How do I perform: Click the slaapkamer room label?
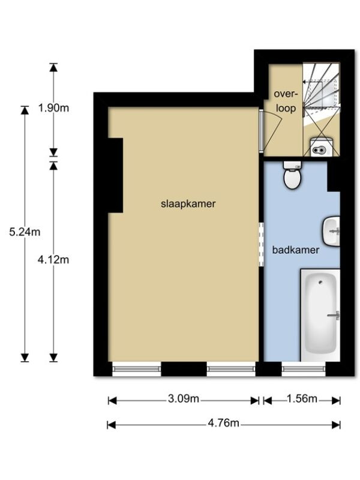188,203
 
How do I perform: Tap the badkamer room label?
295,250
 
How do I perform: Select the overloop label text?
286,101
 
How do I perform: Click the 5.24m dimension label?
25,232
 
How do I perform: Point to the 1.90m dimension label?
53,108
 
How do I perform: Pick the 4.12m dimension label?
53,260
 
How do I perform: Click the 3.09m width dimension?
184,399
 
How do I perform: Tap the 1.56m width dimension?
302,399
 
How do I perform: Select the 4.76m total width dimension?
223,423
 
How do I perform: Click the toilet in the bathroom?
292,175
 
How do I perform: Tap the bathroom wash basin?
331,231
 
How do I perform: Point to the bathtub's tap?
334,316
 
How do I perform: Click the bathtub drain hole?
320,282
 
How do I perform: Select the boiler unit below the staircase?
321,147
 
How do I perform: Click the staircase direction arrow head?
305,82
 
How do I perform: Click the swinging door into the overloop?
269,130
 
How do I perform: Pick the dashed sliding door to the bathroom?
261,245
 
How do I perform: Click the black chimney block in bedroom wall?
115,175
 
